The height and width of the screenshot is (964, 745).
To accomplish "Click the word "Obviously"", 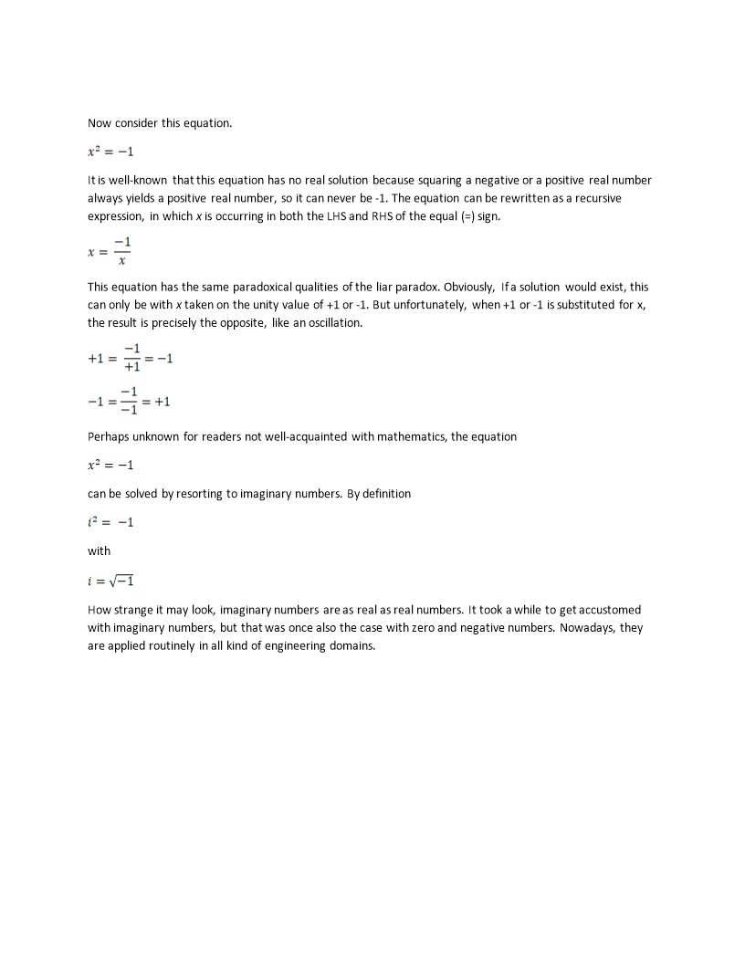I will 468,287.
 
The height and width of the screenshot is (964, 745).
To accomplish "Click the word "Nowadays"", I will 593,628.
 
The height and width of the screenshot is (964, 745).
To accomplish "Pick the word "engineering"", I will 275,645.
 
